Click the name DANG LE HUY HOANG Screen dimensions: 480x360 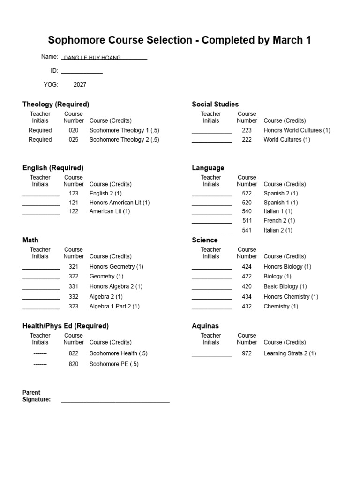click(x=92, y=58)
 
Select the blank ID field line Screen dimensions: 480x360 click(x=82, y=72)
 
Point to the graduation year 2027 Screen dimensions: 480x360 click(x=80, y=85)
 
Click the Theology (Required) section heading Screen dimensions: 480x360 click(x=56, y=104)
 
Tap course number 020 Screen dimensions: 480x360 click(x=74, y=130)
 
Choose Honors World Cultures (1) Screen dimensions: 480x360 click(x=297, y=130)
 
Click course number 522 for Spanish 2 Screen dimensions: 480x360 click(x=247, y=193)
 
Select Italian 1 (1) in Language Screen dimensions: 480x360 click(x=278, y=211)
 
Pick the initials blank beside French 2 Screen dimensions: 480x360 click(x=212, y=222)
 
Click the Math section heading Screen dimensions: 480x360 click(x=30, y=240)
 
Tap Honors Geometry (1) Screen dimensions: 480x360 click(x=116, y=267)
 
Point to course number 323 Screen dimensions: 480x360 click(x=74, y=307)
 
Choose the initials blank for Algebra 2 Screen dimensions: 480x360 click(x=41, y=298)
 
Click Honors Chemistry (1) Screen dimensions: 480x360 click(x=291, y=297)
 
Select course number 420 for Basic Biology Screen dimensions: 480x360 click(x=247, y=286)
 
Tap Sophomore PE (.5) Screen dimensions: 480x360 click(x=114, y=364)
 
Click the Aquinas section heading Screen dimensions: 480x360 click(x=205, y=326)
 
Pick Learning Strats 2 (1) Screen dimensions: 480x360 click(x=290, y=353)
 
